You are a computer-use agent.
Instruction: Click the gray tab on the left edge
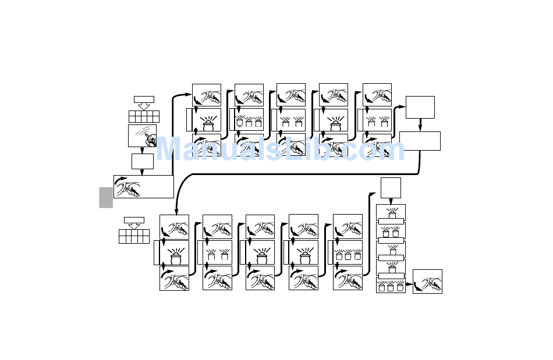click(105, 197)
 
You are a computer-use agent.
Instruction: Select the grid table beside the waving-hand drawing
click(143, 116)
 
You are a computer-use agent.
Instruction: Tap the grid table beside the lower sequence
click(134, 236)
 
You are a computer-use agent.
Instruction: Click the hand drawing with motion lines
click(142, 136)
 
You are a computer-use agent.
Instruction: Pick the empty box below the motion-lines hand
click(142, 161)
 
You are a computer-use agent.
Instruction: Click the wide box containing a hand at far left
click(143, 187)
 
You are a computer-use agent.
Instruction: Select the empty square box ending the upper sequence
click(420, 107)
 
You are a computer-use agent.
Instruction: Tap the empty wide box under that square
click(419, 141)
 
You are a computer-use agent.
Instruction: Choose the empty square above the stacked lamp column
click(391, 188)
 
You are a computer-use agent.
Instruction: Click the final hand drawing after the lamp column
click(427, 281)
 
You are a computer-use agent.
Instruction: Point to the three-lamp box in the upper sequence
click(249, 121)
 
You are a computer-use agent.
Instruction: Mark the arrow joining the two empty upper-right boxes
click(420, 125)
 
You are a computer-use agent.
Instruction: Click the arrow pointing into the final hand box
click(409, 285)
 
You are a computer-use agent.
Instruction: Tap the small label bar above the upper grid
click(144, 99)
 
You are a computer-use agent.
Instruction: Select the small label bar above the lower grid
click(134, 220)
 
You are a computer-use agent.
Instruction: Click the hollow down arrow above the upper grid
click(144, 106)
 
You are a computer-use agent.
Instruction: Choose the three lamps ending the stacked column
click(391, 286)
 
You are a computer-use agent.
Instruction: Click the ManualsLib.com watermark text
click(280, 150)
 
